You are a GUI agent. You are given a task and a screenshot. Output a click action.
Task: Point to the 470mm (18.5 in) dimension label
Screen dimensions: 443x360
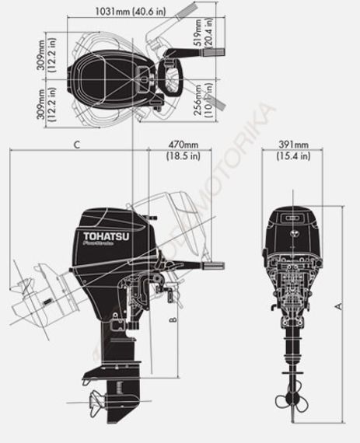[x=184, y=150]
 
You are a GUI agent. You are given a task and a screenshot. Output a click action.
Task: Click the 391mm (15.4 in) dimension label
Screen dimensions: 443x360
[x=293, y=150]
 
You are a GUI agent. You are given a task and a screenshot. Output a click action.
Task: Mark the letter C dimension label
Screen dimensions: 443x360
[x=75, y=145]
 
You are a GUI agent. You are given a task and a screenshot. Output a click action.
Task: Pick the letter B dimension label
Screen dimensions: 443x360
[x=175, y=318]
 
